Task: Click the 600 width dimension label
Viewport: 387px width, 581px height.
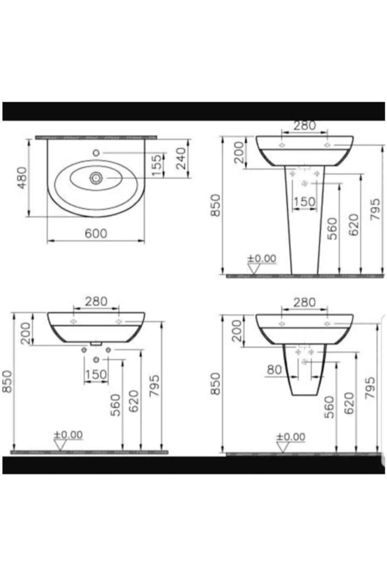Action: click(x=96, y=233)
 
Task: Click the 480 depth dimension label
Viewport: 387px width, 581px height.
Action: click(x=22, y=178)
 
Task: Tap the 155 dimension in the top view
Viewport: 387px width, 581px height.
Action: click(x=156, y=165)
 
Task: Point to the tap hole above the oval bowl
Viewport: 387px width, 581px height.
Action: click(x=96, y=153)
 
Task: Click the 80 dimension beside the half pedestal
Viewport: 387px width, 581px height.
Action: click(x=274, y=370)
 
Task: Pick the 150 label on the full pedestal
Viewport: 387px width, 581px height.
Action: click(x=304, y=202)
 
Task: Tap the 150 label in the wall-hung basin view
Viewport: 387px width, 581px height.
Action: click(x=96, y=375)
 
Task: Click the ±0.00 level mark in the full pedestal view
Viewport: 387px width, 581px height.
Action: click(x=262, y=259)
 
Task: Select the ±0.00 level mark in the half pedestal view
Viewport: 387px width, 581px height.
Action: click(x=291, y=437)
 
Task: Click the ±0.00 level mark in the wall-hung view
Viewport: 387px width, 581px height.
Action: click(x=68, y=435)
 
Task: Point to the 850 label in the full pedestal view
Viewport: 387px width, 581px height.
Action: click(x=215, y=205)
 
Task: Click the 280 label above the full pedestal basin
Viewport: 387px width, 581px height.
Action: click(x=304, y=126)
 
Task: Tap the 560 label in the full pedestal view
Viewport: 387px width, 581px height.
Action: click(x=332, y=229)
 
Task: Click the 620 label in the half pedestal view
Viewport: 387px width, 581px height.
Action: click(x=349, y=403)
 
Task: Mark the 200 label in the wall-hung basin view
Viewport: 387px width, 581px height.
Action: click(x=26, y=333)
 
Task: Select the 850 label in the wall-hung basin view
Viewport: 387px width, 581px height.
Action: click(x=7, y=382)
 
